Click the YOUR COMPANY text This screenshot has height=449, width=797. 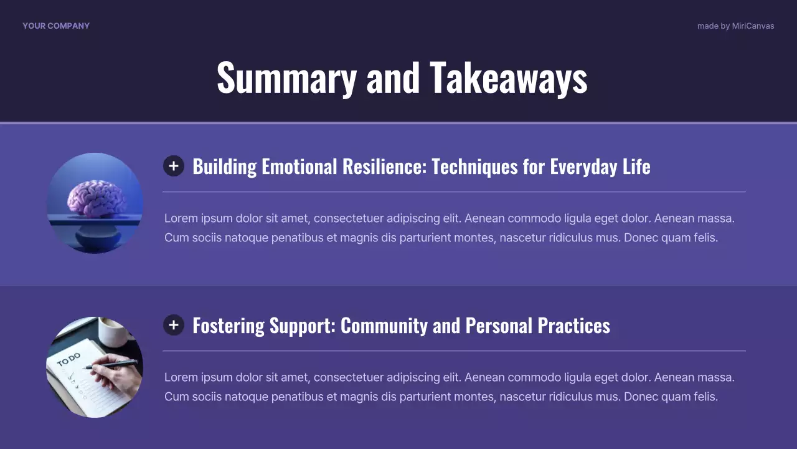coord(56,26)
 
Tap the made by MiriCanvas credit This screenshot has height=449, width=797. coord(735,26)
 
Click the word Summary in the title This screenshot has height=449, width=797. coord(286,77)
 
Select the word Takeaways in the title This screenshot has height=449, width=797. coord(508,77)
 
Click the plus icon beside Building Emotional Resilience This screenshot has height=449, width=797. coord(174,166)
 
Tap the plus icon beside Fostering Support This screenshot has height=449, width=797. coord(174,325)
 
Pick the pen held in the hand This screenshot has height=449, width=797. coord(112,365)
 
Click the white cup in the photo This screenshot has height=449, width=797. coord(114,332)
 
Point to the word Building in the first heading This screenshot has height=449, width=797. coord(224,167)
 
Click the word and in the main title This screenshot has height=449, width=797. coord(393,77)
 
